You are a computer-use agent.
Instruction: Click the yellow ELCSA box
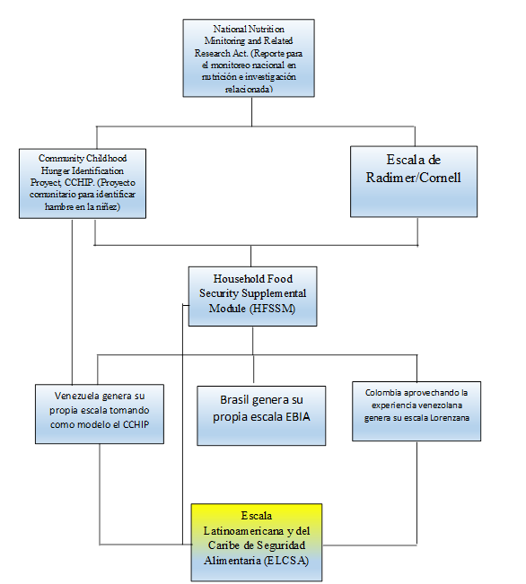coord(257,542)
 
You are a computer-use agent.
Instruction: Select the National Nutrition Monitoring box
coord(249,58)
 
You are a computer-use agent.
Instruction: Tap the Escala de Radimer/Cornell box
coord(414,181)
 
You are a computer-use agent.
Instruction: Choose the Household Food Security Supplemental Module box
coord(253,296)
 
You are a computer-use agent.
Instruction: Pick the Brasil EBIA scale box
coord(261,415)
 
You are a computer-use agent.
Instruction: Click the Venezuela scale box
coord(100,414)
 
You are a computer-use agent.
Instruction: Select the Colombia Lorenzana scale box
coord(416,411)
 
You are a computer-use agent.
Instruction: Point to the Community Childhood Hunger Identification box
coord(83,184)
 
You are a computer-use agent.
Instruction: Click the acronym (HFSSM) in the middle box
coord(273,309)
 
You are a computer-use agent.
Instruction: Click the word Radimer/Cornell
coord(414,178)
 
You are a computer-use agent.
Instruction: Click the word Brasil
coord(234,399)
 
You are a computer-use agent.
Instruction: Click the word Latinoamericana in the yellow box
coord(243,531)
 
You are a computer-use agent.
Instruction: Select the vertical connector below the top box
coord(251,112)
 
